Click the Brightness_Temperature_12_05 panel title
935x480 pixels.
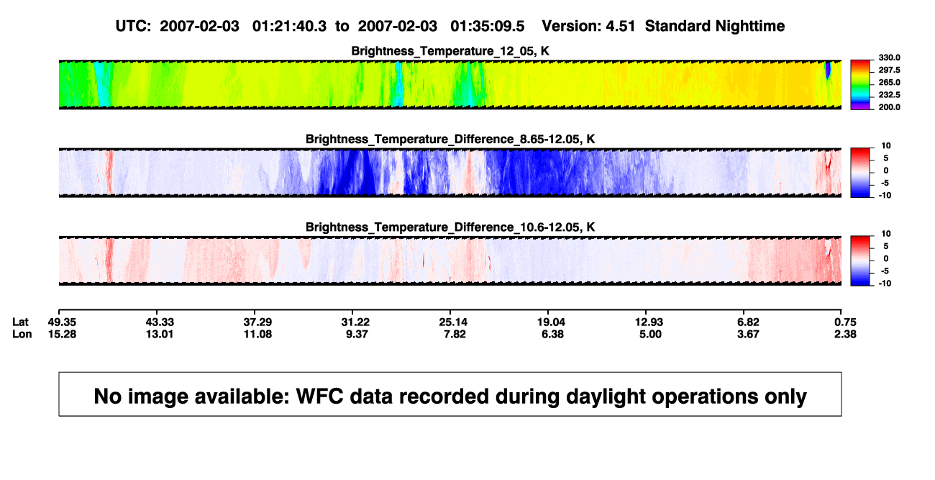[x=450, y=51]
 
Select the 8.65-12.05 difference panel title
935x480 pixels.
[x=450, y=139]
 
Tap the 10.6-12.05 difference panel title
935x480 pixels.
[x=450, y=227]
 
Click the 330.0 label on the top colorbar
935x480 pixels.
[x=889, y=58]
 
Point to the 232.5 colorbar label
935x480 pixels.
[x=889, y=95]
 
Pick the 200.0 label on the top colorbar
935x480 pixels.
[x=889, y=107]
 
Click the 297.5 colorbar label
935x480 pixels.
[x=889, y=70]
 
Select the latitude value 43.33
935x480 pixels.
[x=160, y=322]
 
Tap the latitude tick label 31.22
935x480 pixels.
[x=355, y=322]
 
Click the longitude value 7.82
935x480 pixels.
[x=455, y=334]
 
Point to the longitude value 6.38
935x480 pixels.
[x=552, y=334]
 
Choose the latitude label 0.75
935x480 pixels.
[x=845, y=322]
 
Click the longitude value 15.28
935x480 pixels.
[x=62, y=334]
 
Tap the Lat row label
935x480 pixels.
[x=20, y=322]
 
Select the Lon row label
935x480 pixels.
[x=22, y=334]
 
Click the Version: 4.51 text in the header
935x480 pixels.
[x=588, y=27]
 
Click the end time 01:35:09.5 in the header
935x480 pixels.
[x=487, y=27]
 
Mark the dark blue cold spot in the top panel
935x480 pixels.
[x=828, y=71]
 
